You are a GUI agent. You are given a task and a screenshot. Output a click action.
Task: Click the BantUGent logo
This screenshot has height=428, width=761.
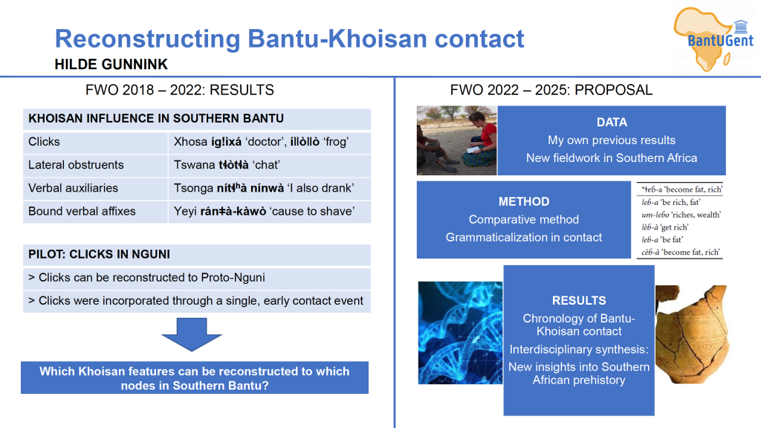pos(713,39)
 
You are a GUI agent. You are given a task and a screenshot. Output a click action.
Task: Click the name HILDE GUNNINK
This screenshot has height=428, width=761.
pos(111,64)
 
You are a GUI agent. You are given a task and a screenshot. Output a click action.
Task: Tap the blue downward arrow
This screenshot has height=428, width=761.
pos(192,334)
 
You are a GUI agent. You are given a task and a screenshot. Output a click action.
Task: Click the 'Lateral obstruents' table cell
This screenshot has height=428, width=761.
pos(95,165)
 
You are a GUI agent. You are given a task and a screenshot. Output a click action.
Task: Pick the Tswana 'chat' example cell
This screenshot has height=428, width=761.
pos(269,165)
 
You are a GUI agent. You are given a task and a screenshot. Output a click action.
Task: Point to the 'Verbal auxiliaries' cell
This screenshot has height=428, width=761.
pos(95,188)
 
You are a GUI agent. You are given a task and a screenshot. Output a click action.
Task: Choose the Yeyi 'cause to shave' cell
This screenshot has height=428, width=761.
pos(269,212)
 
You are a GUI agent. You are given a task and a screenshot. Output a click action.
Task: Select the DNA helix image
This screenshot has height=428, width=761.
pos(460,333)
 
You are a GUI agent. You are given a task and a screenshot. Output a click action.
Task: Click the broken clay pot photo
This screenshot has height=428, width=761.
pos(691,334)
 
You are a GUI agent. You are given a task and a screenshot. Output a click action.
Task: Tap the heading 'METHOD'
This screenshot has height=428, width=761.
pos(524,201)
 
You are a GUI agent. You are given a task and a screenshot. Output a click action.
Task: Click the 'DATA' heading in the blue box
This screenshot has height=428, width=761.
pos(612,123)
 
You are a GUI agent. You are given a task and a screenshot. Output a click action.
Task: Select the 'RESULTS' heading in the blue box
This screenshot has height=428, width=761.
pos(578,300)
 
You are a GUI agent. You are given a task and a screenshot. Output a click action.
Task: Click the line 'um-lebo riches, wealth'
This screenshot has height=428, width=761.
pos(681,215)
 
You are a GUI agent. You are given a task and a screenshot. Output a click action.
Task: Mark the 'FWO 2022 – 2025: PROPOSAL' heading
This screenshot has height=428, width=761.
pos(551,90)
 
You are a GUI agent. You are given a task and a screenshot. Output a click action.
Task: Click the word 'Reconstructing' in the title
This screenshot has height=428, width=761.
pos(148,39)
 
